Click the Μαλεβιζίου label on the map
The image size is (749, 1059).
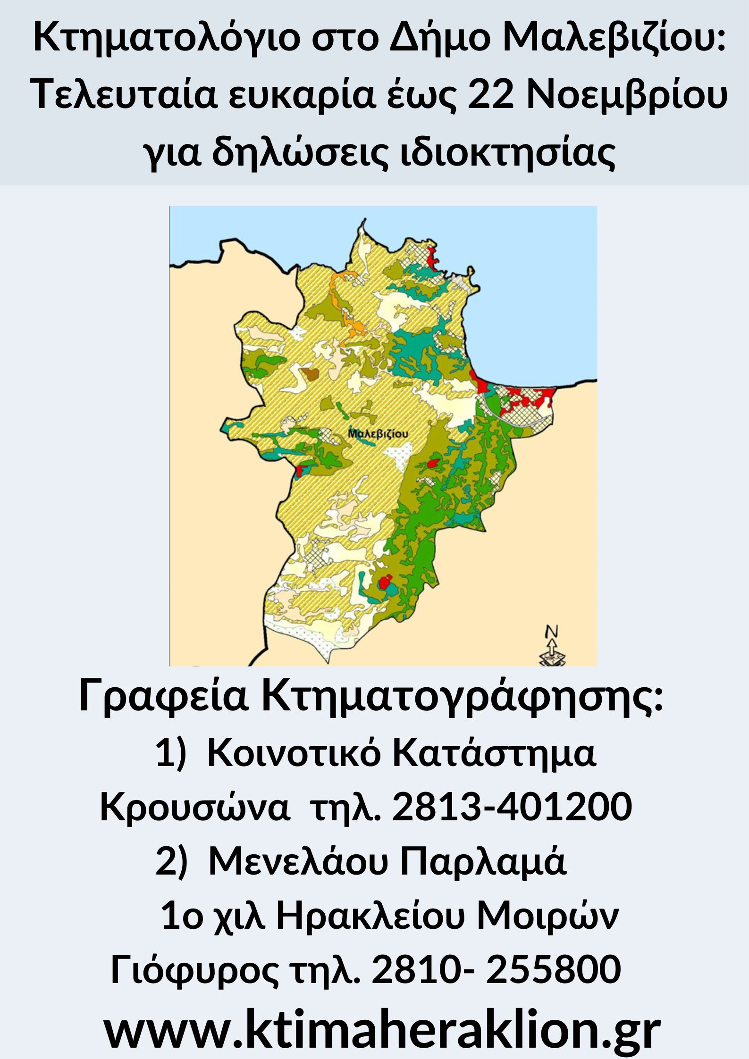(378, 433)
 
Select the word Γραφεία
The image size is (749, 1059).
(164, 696)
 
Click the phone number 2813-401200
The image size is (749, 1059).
(512, 807)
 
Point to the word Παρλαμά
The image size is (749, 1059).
(483, 861)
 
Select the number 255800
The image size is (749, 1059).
(553, 970)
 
